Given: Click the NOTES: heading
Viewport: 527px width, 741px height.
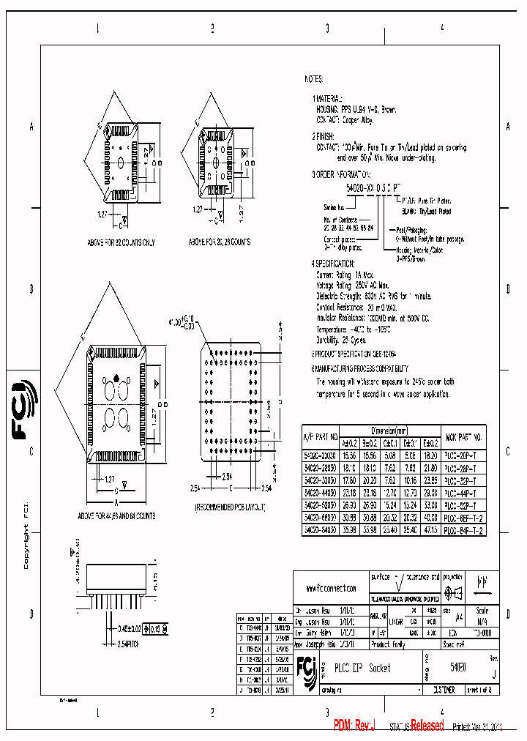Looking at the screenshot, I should coord(314,79).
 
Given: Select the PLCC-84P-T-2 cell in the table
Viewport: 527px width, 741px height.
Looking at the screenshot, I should coord(464,531).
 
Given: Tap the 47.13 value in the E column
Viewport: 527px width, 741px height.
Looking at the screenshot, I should coord(430,531).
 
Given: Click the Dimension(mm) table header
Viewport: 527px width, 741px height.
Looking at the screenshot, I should coord(389,431).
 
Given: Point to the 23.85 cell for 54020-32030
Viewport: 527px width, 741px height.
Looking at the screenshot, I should coord(430,480).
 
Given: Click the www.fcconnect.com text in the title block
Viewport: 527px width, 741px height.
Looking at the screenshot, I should coord(332,588).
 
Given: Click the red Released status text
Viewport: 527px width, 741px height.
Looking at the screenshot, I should coord(427,726).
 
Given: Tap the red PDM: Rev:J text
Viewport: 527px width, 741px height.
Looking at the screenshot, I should coord(354,726).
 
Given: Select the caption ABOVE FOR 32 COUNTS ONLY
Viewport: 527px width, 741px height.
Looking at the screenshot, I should coord(121,242).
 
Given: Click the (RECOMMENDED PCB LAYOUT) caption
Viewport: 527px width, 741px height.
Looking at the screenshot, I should coord(230,507).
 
